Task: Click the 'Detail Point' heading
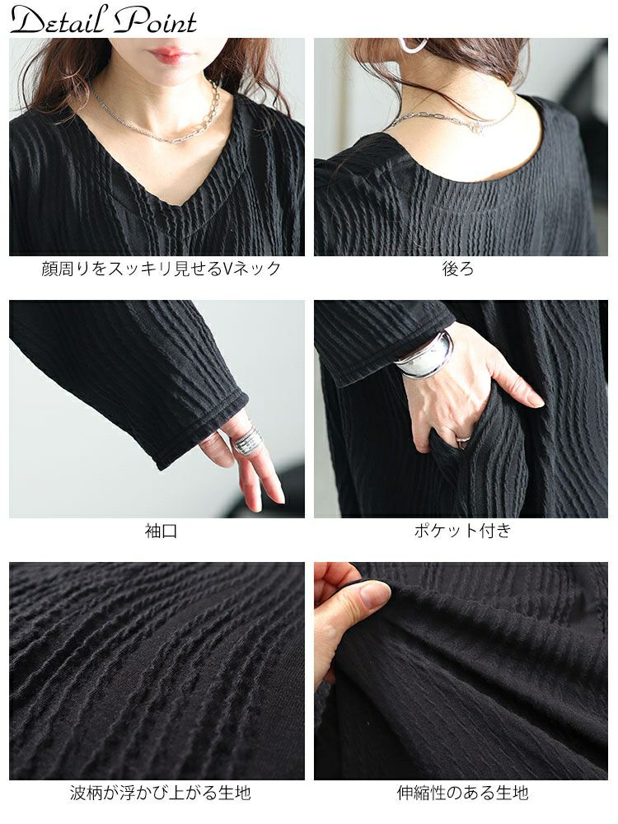pyautogui.click(x=103, y=20)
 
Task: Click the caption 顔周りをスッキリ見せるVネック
pyautogui.click(x=162, y=269)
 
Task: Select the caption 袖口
pyautogui.click(x=161, y=531)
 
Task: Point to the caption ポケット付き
pyautogui.click(x=462, y=530)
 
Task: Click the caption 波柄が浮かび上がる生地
pyautogui.click(x=161, y=792)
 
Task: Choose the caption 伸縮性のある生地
pyautogui.click(x=462, y=792)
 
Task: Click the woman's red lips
pyautogui.click(x=167, y=54)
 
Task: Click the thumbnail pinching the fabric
pyautogui.click(x=373, y=595)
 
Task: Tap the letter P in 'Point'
pyautogui.click(x=131, y=19)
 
